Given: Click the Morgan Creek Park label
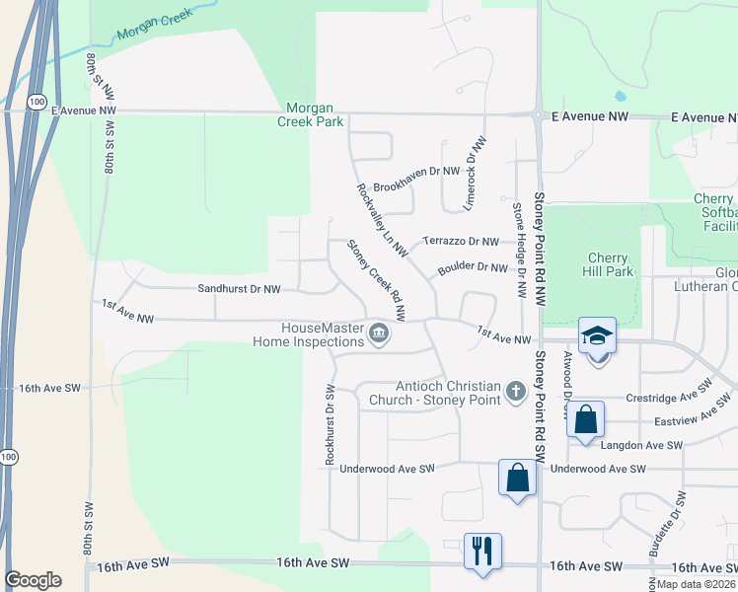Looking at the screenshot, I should coord(315,114).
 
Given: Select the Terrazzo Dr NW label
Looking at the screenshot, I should coord(461,241).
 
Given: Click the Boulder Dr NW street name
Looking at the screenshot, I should coord(479,266).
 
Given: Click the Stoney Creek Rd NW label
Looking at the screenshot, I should coord(378,280).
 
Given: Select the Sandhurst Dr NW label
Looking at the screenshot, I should coord(240,290).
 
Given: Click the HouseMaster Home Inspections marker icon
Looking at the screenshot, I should coord(378,336).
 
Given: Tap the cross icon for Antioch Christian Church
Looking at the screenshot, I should coord(514,393).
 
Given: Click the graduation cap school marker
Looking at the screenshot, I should coord(598,336).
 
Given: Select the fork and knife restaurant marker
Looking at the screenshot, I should coord(482,550).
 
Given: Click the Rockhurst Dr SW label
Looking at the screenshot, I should coord(330,424).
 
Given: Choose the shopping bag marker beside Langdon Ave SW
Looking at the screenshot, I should coord(585,418).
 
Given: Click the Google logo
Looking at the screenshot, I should coord(33,580).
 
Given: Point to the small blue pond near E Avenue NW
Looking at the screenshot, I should coord(620,97).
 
